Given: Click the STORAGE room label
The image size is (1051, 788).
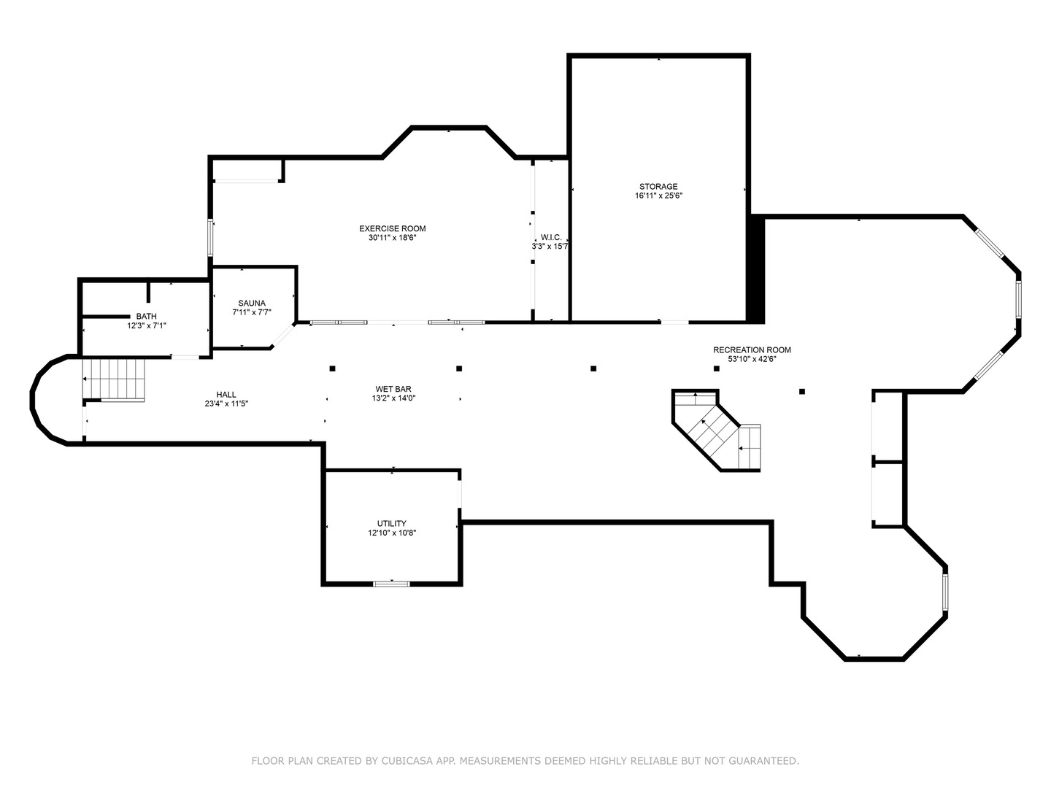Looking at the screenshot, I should coord(658,186).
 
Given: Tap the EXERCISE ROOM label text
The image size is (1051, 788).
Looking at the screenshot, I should coord(392,228).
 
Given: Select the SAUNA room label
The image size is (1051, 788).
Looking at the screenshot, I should coord(252,303).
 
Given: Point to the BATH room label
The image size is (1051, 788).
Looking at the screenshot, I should coord(146,316).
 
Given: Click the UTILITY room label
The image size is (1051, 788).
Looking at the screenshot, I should coord(391,523).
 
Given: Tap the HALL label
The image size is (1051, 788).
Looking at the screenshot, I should coord(226,394).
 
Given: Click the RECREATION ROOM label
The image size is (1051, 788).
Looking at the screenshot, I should coord(752,349).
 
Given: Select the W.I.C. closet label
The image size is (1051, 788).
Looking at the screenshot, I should coord(550,237).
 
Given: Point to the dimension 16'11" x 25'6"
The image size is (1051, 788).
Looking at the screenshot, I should coord(658,196).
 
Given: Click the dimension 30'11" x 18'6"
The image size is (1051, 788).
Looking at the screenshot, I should coord(392,238).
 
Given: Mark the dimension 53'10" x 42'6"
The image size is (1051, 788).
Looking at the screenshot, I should coord(752,359).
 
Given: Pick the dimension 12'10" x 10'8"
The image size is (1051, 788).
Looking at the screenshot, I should coord(392,533).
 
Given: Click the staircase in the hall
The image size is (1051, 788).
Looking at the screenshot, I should coord(115,379).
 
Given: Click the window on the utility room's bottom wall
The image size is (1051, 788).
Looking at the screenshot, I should coord(391,583).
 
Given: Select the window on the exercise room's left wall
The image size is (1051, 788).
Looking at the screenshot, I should coord(210,236).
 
